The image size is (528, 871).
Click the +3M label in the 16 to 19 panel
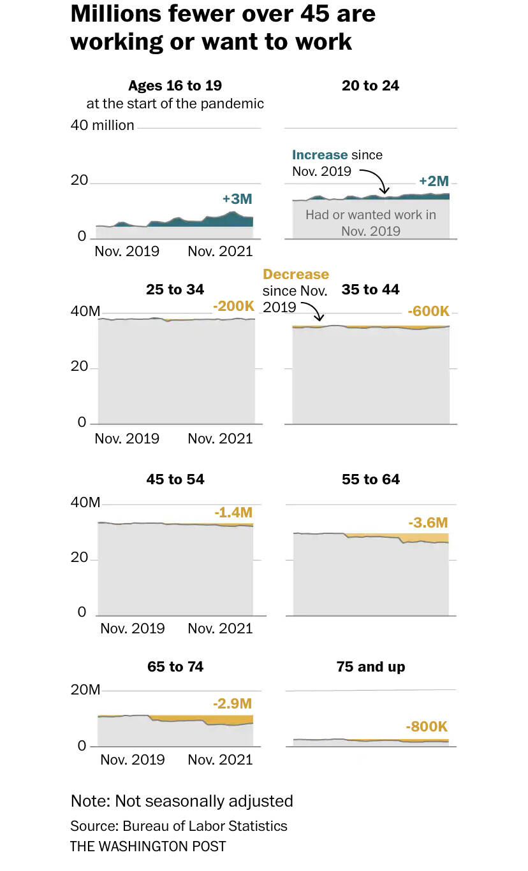pos(237,199)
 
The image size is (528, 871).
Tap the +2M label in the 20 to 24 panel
pos(434,181)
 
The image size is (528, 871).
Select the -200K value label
pos(233,306)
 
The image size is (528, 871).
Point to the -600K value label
pos(429,312)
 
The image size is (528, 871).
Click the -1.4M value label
pos(233,512)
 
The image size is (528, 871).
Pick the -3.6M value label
pos(429,522)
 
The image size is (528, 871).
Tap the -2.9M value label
pos(233,703)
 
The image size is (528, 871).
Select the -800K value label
pos(427,726)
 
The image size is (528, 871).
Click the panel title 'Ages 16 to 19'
pos(175,85)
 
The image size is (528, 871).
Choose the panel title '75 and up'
pos(370,666)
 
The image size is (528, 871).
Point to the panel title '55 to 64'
pos(370,479)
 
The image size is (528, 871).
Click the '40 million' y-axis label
pos(102,125)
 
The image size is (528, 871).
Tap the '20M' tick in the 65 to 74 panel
pos(85,690)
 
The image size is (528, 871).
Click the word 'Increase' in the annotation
pos(320,155)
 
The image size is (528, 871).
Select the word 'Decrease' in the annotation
pos(296,275)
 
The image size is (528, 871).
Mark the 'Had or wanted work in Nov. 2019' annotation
pos(370,222)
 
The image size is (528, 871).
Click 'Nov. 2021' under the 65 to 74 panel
pos(220,759)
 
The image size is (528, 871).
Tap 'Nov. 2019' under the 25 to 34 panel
pos(127,438)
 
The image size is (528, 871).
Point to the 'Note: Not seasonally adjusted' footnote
pos(182,801)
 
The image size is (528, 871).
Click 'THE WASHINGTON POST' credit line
pos(148,846)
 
